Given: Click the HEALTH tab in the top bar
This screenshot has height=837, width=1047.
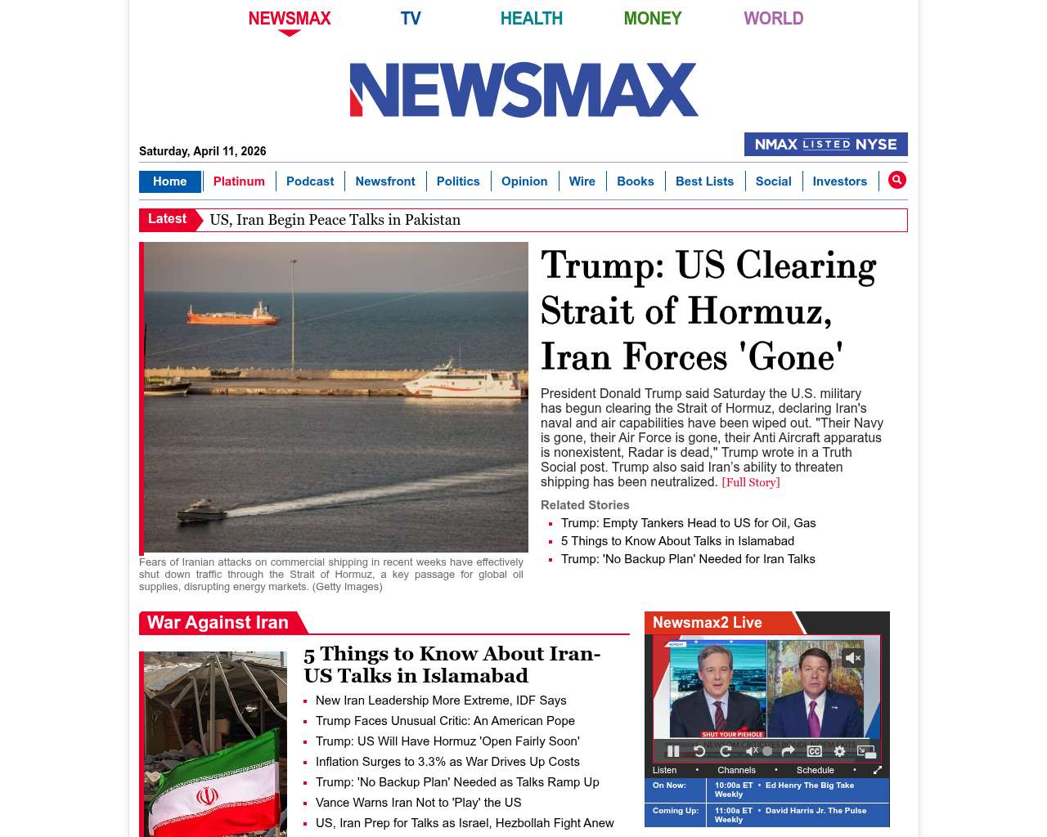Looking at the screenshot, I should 531,18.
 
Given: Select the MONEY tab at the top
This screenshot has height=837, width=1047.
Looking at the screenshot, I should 652,18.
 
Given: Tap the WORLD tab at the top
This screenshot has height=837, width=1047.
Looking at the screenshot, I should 773,18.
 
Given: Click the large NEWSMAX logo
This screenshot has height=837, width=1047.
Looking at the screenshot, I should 523,90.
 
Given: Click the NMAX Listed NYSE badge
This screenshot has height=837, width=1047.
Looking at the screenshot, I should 825,145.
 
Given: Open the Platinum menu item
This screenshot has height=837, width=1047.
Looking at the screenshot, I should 239,181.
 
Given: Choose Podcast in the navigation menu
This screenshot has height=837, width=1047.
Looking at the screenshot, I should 310,181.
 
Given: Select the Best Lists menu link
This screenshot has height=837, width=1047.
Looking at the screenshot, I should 704,181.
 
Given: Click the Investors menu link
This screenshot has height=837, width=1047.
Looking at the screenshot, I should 839,181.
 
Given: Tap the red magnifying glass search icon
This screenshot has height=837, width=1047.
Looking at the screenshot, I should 897,180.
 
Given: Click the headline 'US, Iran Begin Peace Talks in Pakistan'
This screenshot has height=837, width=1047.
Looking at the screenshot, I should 335,220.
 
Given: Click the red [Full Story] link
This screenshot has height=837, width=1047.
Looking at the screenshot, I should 750,482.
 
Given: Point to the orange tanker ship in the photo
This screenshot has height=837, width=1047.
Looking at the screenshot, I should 233,315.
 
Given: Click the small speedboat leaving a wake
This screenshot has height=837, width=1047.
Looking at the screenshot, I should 201,512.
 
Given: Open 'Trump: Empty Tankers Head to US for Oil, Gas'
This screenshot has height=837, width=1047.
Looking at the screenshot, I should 688,523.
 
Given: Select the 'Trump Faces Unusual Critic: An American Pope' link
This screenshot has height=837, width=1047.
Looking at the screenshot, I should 445,721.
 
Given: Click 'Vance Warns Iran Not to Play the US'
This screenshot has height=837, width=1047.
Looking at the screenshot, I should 418,803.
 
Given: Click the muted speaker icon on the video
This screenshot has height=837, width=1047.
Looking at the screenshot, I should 853,657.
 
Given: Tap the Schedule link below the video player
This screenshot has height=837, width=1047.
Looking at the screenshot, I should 815,770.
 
